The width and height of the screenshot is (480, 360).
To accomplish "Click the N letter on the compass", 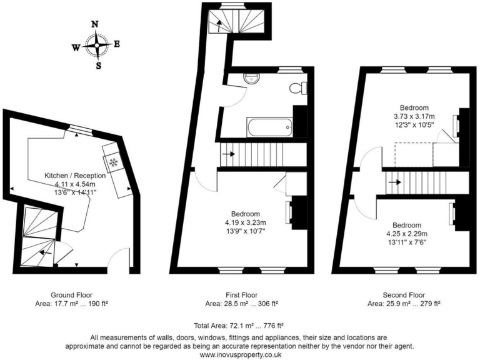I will tap(95, 24).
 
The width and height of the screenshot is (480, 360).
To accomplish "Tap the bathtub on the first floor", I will tap(270, 128).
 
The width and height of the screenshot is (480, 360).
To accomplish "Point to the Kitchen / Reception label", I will tap(74, 176).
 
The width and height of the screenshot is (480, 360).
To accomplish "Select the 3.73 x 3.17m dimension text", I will tap(414, 116).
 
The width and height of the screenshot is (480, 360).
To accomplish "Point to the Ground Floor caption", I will tap(72, 294).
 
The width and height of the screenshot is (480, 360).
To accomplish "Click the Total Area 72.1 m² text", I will tap(239, 326).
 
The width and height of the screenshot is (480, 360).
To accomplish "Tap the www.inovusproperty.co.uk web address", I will tap(239, 354).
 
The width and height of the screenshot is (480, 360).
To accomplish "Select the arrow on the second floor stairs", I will tap(395, 182).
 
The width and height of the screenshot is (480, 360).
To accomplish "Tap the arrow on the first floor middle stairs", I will tap(228, 153).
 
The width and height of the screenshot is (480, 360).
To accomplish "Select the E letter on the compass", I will tap(117, 44).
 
